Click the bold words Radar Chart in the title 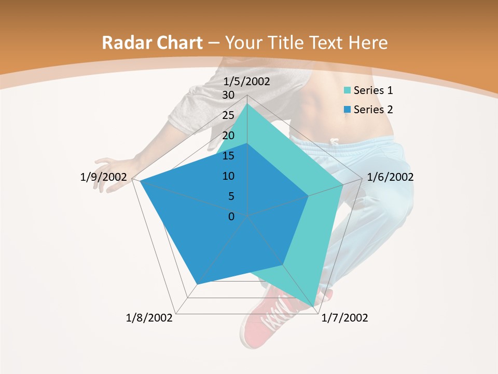click(152, 43)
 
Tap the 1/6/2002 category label click(390, 177)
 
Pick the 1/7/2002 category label click(344, 318)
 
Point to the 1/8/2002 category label click(149, 318)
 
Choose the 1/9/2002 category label click(104, 177)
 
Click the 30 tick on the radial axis click(228, 95)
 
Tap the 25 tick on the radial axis click(228, 115)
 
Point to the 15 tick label click(228, 156)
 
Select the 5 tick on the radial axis click(231, 196)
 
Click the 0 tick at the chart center click(231, 216)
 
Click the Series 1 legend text click(373, 90)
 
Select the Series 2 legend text click(373, 110)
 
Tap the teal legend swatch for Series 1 click(348, 91)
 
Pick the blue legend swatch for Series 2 click(348, 110)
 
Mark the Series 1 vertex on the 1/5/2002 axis click(247, 104)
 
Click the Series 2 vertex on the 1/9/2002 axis click(140, 181)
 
